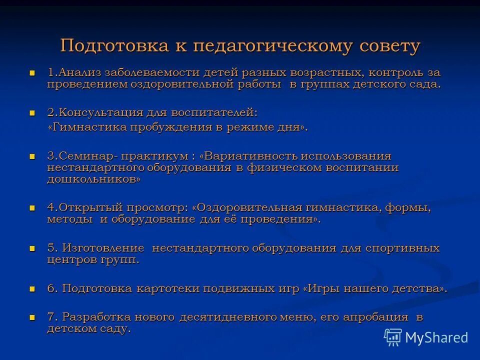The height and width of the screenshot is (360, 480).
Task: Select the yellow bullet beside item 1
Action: pyautogui.click(x=33, y=73)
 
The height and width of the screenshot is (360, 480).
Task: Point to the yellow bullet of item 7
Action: pyautogui.click(x=33, y=317)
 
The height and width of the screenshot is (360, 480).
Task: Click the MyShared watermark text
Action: pyautogui.click(x=436, y=337)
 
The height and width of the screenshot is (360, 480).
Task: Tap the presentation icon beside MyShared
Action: pyautogui.click(x=393, y=337)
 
